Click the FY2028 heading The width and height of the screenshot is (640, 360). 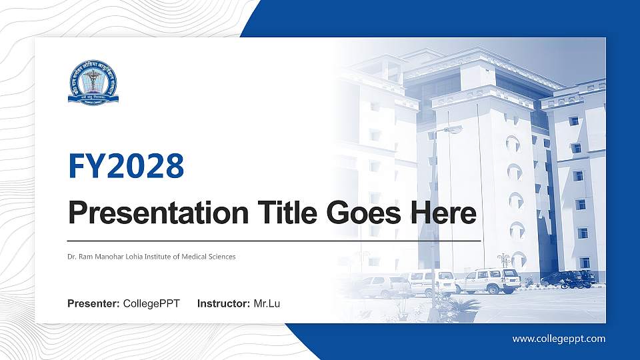tap(126, 166)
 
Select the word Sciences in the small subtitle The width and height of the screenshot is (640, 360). tap(222, 257)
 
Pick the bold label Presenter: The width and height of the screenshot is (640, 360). tap(93, 304)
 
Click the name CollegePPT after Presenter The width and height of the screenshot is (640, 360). tap(151, 304)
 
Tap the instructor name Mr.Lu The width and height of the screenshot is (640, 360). tap(267, 304)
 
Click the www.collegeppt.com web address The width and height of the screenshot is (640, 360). tap(559, 339)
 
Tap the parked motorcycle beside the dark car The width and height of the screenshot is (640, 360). tap(573, 283)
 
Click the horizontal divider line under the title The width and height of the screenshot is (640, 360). tap(274, 240)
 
